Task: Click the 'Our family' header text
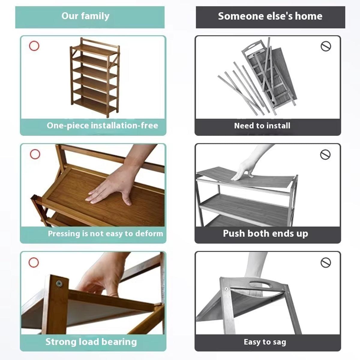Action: [x=85, y=16]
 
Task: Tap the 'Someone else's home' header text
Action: [x=270, y=16]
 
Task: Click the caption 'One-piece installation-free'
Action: [x=102, y=125]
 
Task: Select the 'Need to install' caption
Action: [x=262, y=126]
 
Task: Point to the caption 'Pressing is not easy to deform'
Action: [x=105, y=233]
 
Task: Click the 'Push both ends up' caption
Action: [x=265, y=233]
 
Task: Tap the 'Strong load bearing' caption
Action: [x=91, y=342]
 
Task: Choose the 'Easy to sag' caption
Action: [x=265, y=342]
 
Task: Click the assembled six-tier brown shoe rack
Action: [x=95, y=77]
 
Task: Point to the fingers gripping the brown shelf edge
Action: [x=97, y=288]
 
